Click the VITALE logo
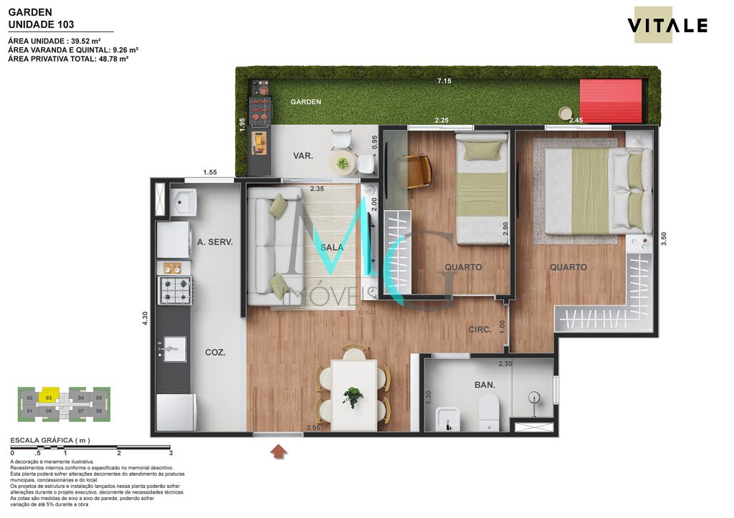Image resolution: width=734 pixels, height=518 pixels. coord(667,26)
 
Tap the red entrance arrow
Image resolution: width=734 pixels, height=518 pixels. coord(278,451)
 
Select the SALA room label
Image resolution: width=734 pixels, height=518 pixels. coord(332,247)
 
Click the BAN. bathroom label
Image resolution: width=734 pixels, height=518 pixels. coord(485,385)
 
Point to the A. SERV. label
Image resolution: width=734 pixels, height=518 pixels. coord(215,242)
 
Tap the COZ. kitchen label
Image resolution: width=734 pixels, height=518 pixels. coord(216,352)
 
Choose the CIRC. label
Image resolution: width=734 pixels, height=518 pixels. coord(480,330)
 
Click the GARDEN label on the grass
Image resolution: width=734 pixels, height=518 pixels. coord(305,102)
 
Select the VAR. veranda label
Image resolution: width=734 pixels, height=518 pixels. coord(302,155)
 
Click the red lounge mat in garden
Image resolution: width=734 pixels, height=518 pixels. coord(610,100)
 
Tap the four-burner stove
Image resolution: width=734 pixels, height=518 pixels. coord(174,290)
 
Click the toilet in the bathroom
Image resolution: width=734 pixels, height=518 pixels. coord(489,412)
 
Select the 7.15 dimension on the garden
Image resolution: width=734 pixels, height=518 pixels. coord(444,81)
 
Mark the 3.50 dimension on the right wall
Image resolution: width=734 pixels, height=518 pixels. coord(664,239)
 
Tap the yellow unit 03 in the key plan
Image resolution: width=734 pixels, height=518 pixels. coord(49,397)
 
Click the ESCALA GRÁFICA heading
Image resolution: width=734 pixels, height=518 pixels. coord(49,441)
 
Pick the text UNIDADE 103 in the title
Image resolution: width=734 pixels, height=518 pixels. coord(41,24)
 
